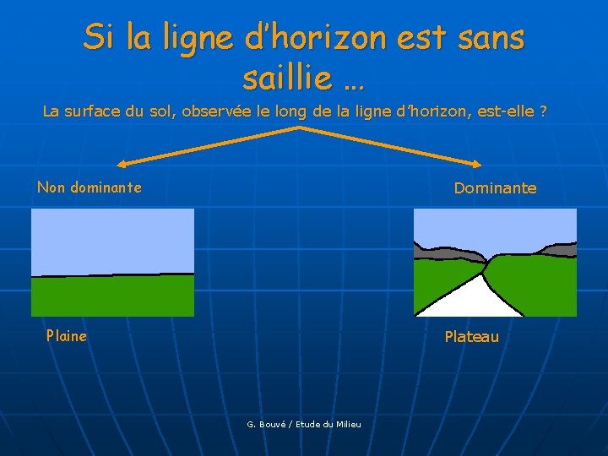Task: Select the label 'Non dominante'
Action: (x=90, y=187)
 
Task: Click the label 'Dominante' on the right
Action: (x=495, y=188)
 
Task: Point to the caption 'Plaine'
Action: (x=66, y=336)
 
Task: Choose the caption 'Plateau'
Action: (x=471, y=337)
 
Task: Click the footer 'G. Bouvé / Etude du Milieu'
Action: (x=304, y=424)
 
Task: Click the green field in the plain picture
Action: (x=112, y=296)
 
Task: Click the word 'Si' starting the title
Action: (x=99, y=38)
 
